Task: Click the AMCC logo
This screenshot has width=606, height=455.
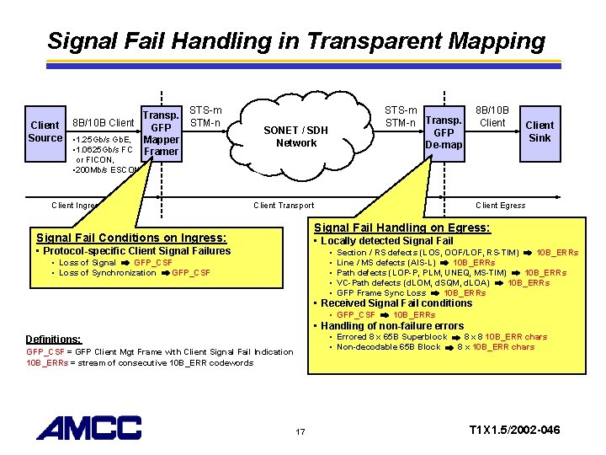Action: point(88,428)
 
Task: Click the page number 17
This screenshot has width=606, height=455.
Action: point(300,432)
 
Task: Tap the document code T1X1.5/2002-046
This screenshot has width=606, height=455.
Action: point(513,431)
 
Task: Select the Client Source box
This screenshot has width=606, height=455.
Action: point(45,131)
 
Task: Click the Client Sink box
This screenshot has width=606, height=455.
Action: point(540,131)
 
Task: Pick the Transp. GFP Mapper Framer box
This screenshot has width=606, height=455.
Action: point(161,133)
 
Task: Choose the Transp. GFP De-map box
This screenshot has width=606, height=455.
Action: point(444,132)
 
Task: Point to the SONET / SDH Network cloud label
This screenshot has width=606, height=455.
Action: point(295,136)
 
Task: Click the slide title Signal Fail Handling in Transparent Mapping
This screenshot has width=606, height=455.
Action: point(296,40)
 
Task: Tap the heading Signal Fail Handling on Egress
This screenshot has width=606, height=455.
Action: point(401,227)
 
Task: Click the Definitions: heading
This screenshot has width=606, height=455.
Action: point(54,339)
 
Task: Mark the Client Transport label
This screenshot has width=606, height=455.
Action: point(284,205)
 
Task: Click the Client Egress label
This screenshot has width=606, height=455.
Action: point(500,205)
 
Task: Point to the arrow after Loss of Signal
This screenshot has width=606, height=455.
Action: point(125,263)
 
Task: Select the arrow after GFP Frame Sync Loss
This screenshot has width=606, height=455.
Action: point(434,293)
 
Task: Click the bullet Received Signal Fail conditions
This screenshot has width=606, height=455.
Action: point(392,303)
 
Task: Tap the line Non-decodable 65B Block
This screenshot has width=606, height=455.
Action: point(388,347)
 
